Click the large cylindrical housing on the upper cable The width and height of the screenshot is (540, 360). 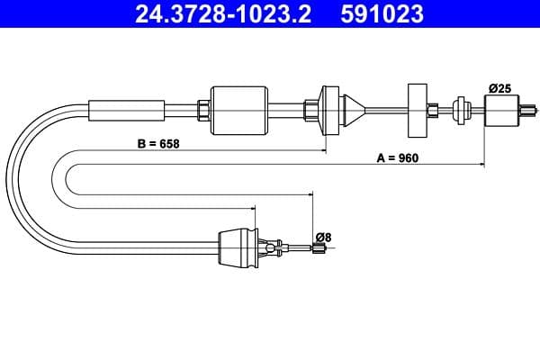[x=238, y=109]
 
